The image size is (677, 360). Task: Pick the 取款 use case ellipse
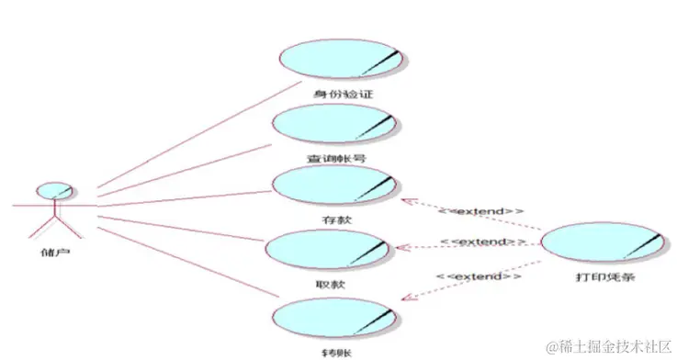pos(327,249)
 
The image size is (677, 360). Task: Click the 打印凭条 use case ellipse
pos(603,244)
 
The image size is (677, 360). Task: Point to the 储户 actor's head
pos(54,190)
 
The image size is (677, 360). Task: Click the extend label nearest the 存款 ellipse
pos(480,211)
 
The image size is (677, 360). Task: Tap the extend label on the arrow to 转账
pos(479,276)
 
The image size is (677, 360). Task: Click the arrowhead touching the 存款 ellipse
pos(405,198)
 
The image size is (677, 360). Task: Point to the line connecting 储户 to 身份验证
pos(184,134)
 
